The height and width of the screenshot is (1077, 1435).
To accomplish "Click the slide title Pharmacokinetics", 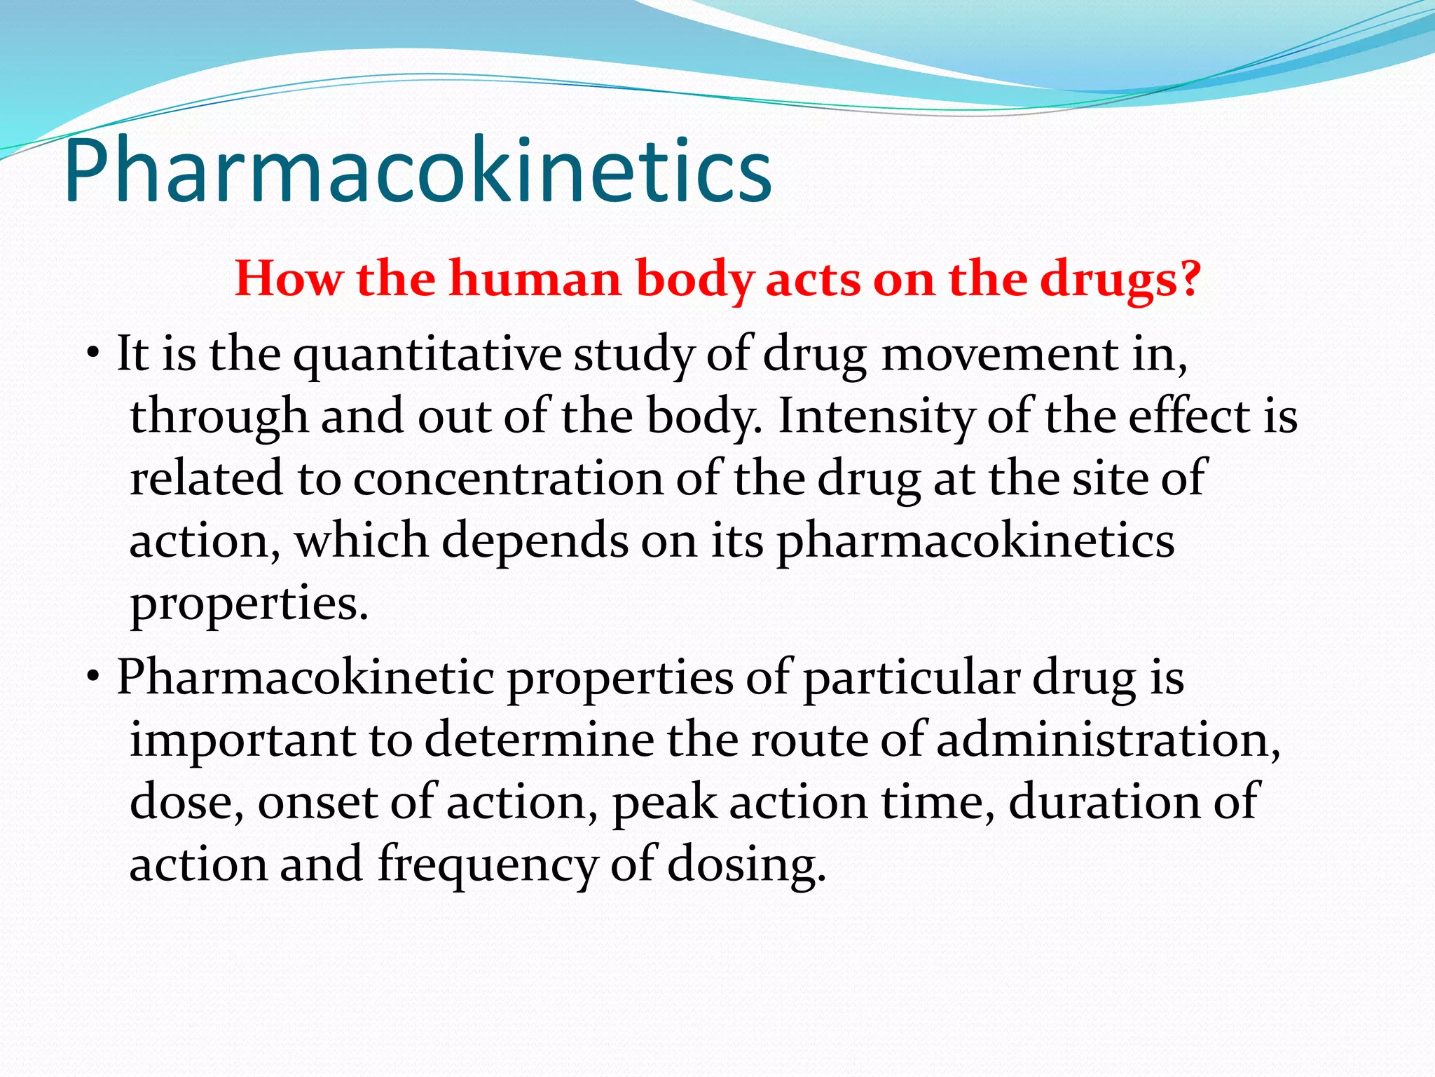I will click(x=418, y=172).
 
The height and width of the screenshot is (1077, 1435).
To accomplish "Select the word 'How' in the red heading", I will click(x=289, y=279).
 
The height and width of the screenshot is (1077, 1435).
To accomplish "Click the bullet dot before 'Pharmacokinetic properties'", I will click(x=92, y=677).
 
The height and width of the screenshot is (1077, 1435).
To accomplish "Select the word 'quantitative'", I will click(x=427, y=354).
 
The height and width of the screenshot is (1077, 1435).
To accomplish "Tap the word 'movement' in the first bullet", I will click(x=999, y=354).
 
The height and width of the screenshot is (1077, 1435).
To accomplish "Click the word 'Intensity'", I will click(x=876, y=416).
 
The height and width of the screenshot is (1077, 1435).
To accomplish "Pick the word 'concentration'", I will click(x=508, y=479).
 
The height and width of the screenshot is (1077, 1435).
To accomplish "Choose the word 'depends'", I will click(x=535, y=541).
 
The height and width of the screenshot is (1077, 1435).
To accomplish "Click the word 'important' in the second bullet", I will click(x=242, y=740).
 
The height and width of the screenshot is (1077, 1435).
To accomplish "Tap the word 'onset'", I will click(x=318, y=802).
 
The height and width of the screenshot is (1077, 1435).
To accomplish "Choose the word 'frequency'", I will click(x=487, y=865).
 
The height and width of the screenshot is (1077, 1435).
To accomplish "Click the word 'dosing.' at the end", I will click(x=746, y=865).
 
